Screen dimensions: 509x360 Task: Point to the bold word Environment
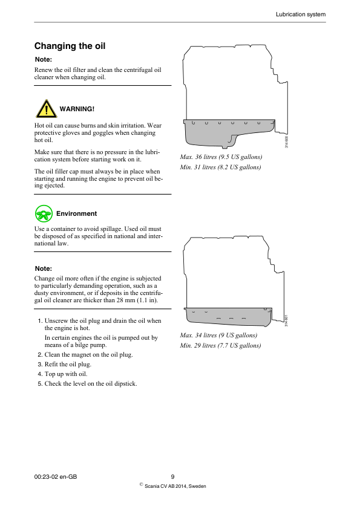(x=76, y=213)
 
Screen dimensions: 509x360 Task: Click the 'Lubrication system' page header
(x=300, y=15)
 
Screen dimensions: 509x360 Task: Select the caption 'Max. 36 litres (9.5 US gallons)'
(x=221, y=157)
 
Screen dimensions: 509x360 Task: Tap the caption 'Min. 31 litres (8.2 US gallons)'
(x=220, y=167)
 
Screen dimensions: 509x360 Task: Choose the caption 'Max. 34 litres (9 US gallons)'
(x=218, y=335)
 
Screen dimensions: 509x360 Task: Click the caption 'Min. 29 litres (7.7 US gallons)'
(x=220, y=345)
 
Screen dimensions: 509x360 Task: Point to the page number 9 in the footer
(x=172, y=477)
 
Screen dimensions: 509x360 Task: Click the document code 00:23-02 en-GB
(x=56, y=477)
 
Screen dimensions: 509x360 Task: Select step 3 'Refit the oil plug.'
(x=68, y=364)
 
